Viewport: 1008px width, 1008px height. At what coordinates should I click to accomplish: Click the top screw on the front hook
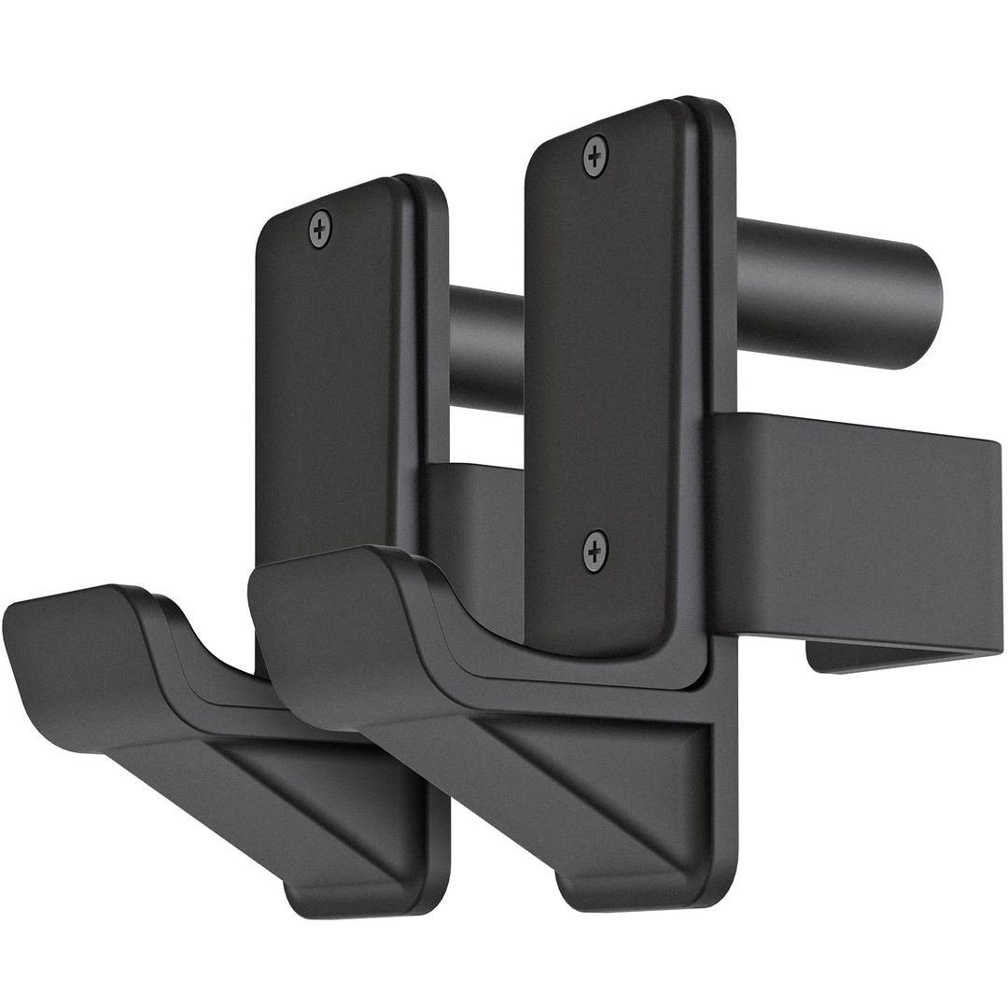tap(595, 153)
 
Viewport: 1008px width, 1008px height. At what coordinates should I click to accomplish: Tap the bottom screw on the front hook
tap(595, 551)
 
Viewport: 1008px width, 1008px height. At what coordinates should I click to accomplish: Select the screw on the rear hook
tap(320, 229)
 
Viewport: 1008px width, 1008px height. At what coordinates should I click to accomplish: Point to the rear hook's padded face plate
tap(331, 373)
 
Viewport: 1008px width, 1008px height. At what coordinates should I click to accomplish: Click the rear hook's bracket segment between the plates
tap(476, 523)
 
